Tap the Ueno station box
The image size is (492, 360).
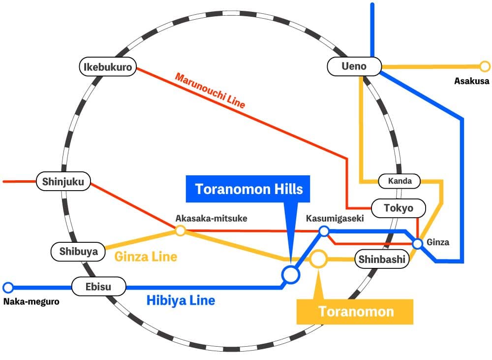coord(354,66)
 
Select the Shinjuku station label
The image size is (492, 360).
coord(63,182)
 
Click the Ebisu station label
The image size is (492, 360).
coord(98,286)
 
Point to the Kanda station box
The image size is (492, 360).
coord(400,181)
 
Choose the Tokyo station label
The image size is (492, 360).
coord(399,208)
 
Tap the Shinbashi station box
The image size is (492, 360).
coord(382,259)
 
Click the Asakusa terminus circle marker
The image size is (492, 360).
coord(485,66)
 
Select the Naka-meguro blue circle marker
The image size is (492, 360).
coord(8,287)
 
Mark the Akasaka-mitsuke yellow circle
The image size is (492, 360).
coord(181,230)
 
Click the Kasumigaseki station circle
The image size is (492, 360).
coord(324,231)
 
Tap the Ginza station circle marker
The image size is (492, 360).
coord(417,243)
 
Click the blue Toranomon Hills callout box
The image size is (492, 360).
coord(249,189)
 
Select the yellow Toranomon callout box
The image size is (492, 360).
coord(354,311)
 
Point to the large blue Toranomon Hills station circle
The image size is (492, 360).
coord(290,274)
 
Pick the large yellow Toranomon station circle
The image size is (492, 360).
coord(318,259)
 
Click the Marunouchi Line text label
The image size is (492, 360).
coord(210,91)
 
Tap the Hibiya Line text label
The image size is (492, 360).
coord(181,300)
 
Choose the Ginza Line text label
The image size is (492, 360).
coord(146,257)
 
